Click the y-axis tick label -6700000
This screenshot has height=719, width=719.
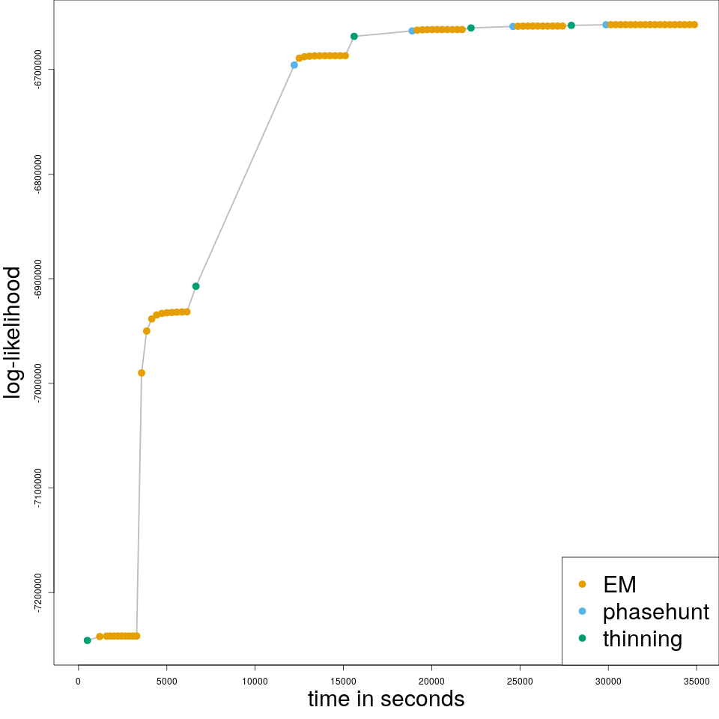[x=38, y=70]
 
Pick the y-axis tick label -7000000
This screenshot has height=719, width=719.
[x=38, y=383]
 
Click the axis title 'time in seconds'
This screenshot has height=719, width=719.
[x=386, y=700]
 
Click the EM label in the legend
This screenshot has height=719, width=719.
[x=619, y=584]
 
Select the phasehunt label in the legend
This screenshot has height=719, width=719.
[x=655, y=612]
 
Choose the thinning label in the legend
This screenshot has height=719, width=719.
[x=643, y=639]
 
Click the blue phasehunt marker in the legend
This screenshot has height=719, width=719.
[x=583, y=611]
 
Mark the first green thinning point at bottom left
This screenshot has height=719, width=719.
[x=88, y=640]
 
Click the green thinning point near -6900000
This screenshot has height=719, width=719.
[x=196, y=286]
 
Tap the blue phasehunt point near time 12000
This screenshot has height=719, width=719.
[x=294, y=65]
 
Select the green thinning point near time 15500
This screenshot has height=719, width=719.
[x=354, y=37]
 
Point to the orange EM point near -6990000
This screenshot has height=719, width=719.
[x=142, y=373]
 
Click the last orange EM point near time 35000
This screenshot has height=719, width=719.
[x=694, y=25]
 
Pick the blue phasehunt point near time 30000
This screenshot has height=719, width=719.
[x=606, y=25]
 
